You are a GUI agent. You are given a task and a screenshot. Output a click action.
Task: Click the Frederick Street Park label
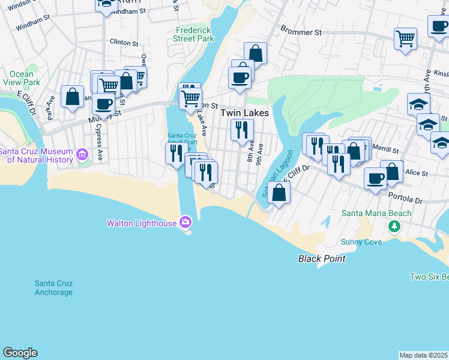[x=194, y=34]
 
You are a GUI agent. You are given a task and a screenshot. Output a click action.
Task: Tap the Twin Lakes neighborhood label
[x=244, y=113]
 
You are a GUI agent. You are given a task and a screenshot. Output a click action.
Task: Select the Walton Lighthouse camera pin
[x=185, y=223]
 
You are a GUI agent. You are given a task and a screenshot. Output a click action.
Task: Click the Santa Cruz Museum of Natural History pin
[x=82, y=155]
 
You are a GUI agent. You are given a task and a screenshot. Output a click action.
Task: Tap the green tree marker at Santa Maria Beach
[x=394, y=226]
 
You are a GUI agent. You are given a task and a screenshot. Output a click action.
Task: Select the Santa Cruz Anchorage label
[x=53, y=288]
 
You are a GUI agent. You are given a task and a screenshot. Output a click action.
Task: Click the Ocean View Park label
[x=22, y=78]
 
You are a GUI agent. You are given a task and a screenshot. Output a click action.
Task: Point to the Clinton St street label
[x=124, y=43]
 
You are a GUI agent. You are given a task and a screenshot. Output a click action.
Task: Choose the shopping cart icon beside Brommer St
[x=406, y=38]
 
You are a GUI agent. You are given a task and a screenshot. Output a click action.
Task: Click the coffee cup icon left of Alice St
[x=375, y=178]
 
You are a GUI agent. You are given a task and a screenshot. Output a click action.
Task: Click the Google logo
[x=20, y=353]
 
